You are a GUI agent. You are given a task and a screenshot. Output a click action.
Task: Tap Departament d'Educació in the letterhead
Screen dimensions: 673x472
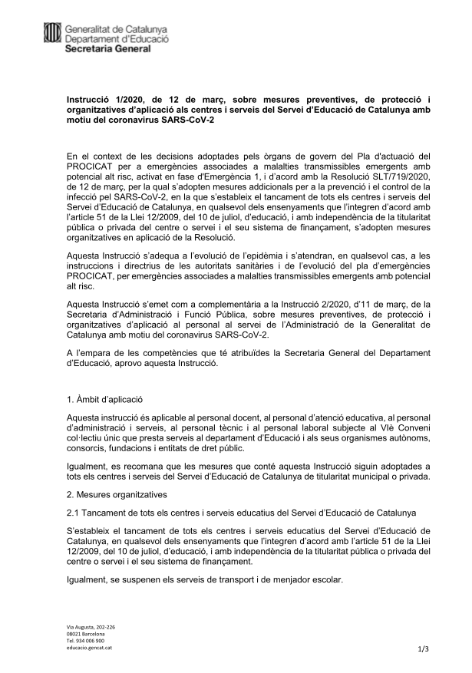[x=117, y=38]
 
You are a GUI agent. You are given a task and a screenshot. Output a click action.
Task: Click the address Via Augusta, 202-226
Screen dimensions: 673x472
[x=91, y=628]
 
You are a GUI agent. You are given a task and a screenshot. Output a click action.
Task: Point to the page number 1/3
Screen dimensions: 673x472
[x=423, y=649]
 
